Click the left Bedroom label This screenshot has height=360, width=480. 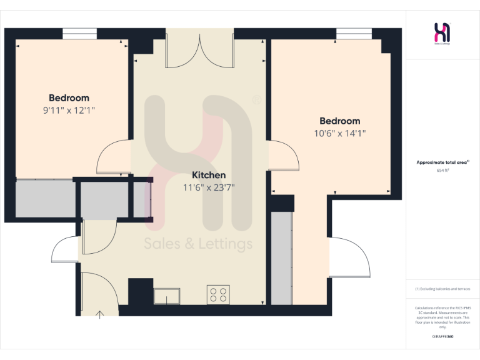(x=69, y=98)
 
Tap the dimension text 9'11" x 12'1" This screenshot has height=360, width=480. (x=69, y=110)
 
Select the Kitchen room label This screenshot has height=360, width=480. (x=209, y=175)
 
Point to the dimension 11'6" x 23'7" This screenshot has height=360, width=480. (x=209, y=187)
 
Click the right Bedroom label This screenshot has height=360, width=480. (x=339, y=121)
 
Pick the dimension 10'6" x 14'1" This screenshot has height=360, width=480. (x=339, y=133)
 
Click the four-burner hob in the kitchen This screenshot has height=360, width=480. (x=218, y=294)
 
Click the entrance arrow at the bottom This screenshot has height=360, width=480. (x=99, y=313)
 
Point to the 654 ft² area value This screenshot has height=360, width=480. (x=443, y=170)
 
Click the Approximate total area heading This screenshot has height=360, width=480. (x=442, y=162)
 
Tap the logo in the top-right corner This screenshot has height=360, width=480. (x=442, y=33)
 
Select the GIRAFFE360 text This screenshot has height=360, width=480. (x=442, y=337)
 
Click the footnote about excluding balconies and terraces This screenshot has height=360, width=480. (x=442, y=289)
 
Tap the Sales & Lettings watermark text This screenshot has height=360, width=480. (x=199, y=244)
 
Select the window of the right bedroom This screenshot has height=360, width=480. (x=354, y=33)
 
